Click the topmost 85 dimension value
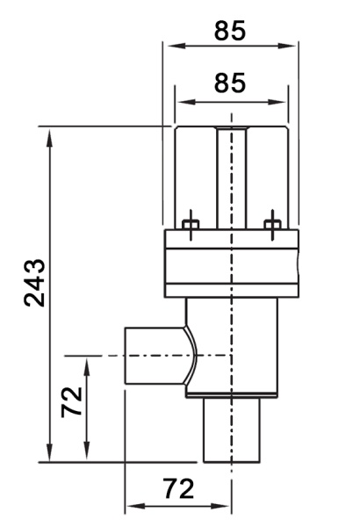pos(230,31)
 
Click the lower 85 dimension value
pos(230,83)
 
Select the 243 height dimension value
pos(34,283)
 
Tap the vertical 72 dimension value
pos(72,402)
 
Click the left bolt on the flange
pos(191,225)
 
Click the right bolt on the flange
pos(272,225)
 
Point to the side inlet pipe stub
pos(155,356)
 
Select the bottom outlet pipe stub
pos(232,430)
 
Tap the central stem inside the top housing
pos(232,178)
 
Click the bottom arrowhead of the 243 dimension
pos(50,452)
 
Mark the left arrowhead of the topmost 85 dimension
pos(176,46)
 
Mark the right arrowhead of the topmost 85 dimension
pos(286,46)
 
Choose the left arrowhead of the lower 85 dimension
pos(187,102)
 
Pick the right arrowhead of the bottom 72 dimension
pos(220,506)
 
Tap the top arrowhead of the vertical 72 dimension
pos(87,368)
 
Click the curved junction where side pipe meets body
pos(193,356)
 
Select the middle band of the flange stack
pos(232,266)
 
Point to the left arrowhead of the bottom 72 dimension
pos(137,506)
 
